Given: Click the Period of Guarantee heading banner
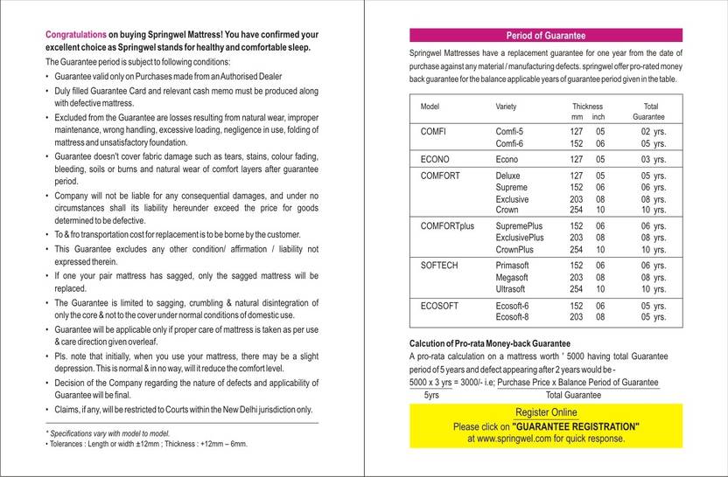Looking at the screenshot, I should pyautogui.click(x=546, y=36).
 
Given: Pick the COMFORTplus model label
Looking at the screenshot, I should pyautogui.click(x=447, y=225).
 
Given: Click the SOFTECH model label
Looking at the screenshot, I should pyautogui.click(x=440, y=265).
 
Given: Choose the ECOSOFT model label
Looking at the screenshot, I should pyautogui.click(x=440, y=305).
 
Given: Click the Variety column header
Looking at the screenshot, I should pyautogui.click(x=506, y=106).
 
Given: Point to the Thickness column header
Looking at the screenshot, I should pyautogui.click(x=588, y=106).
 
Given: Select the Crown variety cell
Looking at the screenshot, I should pyautogui.click(x=507, y=210).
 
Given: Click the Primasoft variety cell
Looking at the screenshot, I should pyautogui.click(x=514, y=265).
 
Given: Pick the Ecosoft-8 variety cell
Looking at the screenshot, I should pyautogui.click(x=514, y=316).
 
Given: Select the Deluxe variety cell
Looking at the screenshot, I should pyautogui.click(x=508, y=176).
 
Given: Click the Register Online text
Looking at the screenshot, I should pyautogui.click(x=546, y=412).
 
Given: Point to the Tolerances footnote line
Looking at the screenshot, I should pyautogui.click(x=146, y=444).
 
